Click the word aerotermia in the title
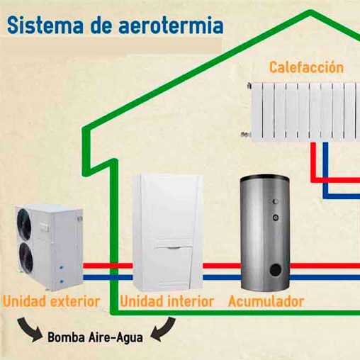tap(171, 25)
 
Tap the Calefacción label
tap(306, 67)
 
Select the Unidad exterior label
tap(51, 301)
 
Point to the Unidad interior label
tap(167, 301)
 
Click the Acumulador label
tap(266, 301)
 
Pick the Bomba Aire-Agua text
tap(96, 337)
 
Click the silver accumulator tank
tap(265, 232)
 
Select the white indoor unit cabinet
tap(168, 232)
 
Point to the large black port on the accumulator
tap(276, 270)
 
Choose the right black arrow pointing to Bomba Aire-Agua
tap(164, 330)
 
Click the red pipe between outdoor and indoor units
tap(108, 266)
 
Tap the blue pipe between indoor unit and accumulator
tap(222, 277)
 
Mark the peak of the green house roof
tap(310, 13)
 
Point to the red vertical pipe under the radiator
tap(313, 162)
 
